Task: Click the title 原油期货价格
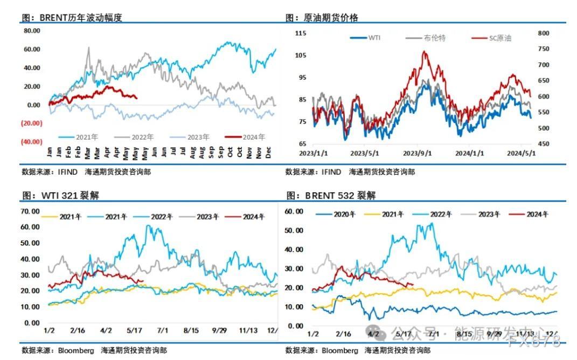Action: point(322,17)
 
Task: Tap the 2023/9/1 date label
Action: point(418,153)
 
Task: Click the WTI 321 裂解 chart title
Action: point(60,195)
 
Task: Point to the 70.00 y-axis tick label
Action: point(30,211)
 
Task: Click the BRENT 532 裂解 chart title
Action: point(331,195)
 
